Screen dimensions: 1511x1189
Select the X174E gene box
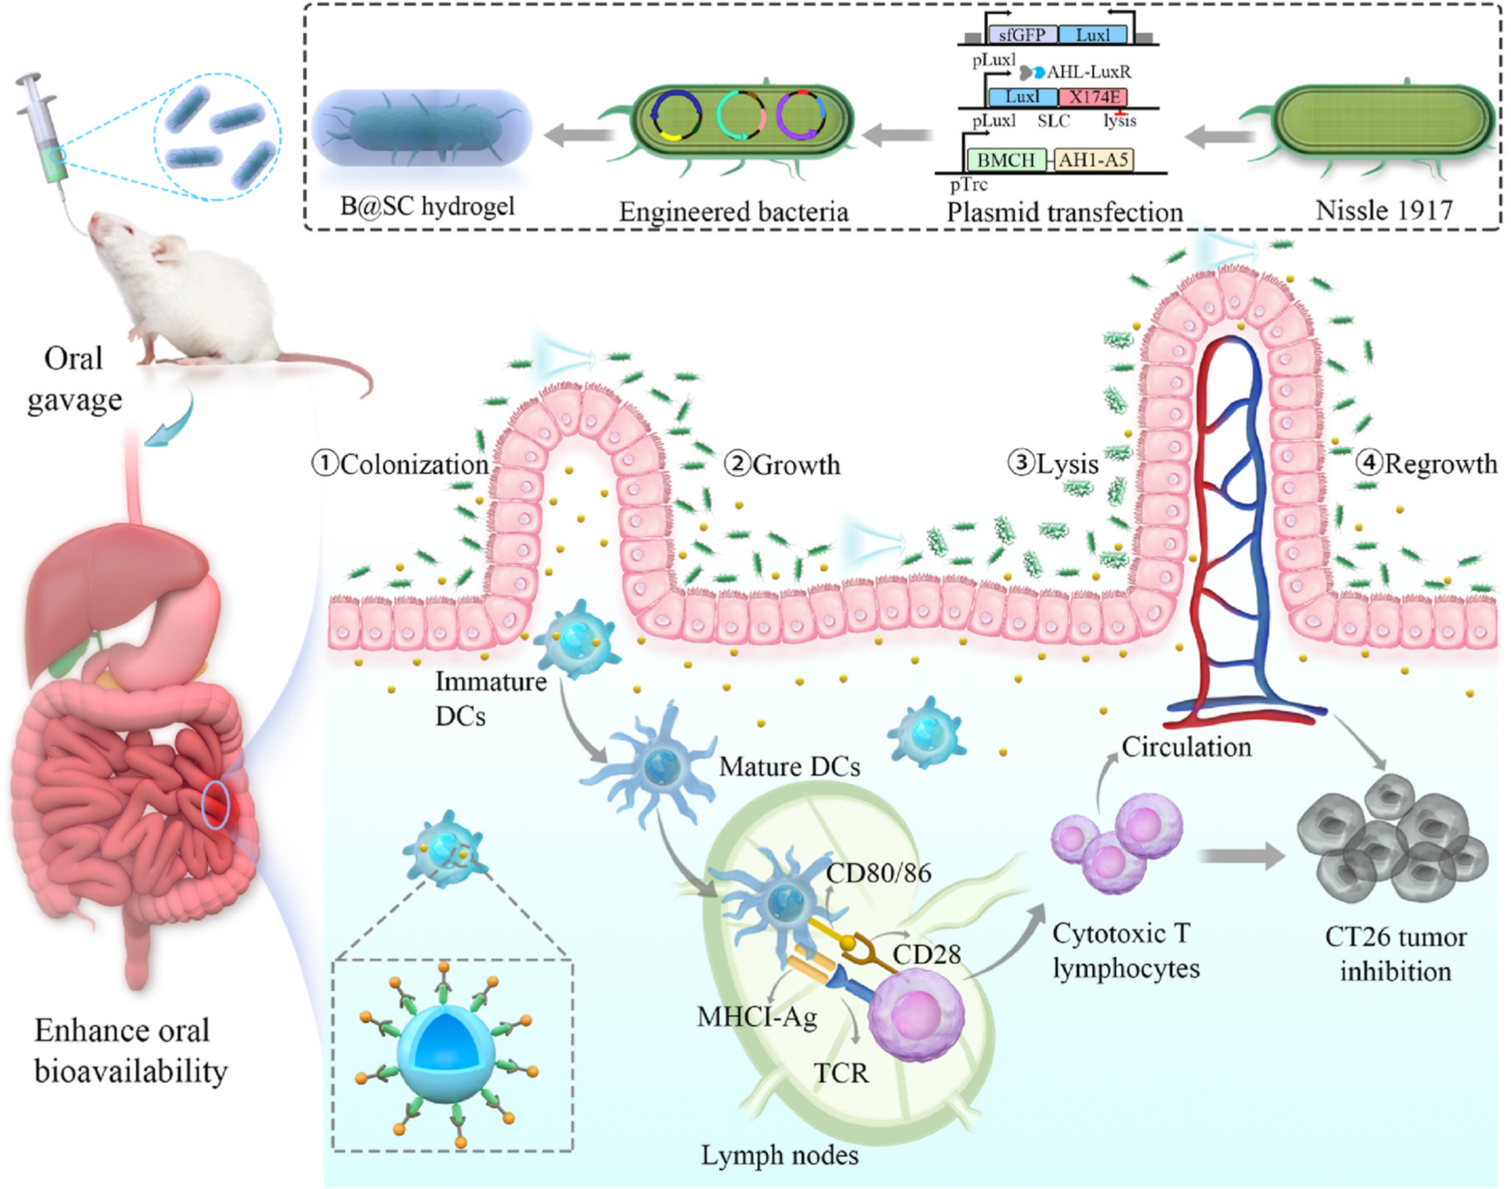1093,97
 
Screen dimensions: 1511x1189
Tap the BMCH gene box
1007,160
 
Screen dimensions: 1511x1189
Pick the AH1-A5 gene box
1094,160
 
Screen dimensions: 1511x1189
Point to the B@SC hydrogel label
427,206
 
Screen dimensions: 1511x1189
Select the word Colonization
414,464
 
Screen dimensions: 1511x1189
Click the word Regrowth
1440,464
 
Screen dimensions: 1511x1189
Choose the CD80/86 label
879,873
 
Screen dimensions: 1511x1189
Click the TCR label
842,1074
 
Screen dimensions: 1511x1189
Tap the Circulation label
1186,747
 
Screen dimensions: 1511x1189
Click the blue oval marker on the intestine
215,804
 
